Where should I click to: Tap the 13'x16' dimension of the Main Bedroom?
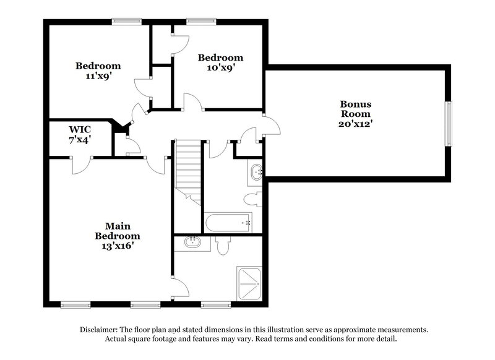[x=117, y=246]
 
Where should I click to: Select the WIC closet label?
[x=80, y=129]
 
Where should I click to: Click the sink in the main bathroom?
[x=193, y=243]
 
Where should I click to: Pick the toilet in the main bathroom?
[x=224, y=246]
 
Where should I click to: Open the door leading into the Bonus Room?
[x=271, y=124]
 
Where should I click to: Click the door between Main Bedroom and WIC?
[x=82, y=163]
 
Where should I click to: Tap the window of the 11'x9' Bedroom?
[x=127, y=22]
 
